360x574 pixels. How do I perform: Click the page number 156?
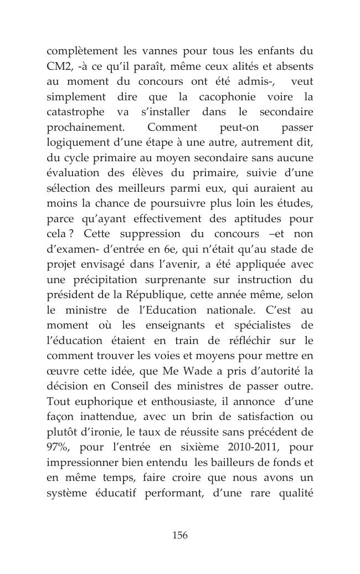click(x=180, y=535)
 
